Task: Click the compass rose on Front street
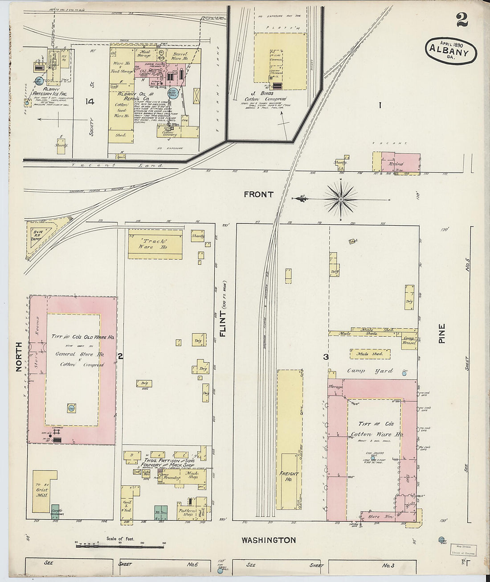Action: [x=341, y=198]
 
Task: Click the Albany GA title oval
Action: [x=450, y=51]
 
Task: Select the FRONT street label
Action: [x=258, y=194]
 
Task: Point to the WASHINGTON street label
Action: [x=269, y=540]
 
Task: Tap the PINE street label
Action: [x=442, y=333]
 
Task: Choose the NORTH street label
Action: [x=19, y=357]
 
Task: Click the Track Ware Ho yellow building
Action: [x=155, y=244]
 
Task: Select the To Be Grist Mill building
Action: [x=44, y=491]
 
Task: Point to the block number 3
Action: [x=326, y=357]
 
